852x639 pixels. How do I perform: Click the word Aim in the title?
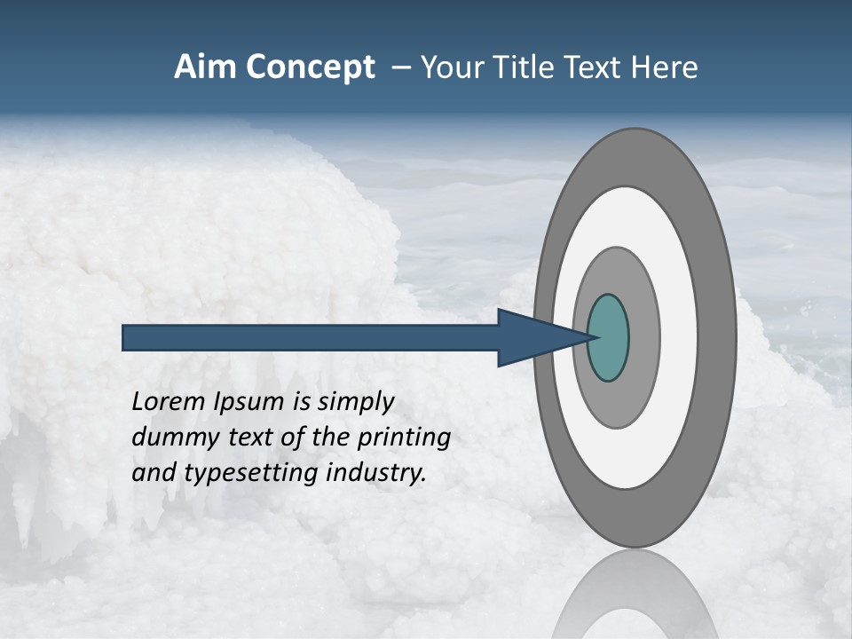point(203,67)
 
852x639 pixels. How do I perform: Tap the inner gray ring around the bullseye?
point(644,338)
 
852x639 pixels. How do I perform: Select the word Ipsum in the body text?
point(250,403)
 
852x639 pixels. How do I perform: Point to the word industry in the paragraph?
point(376,473)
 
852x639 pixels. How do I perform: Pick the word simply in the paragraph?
point(354,403)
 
